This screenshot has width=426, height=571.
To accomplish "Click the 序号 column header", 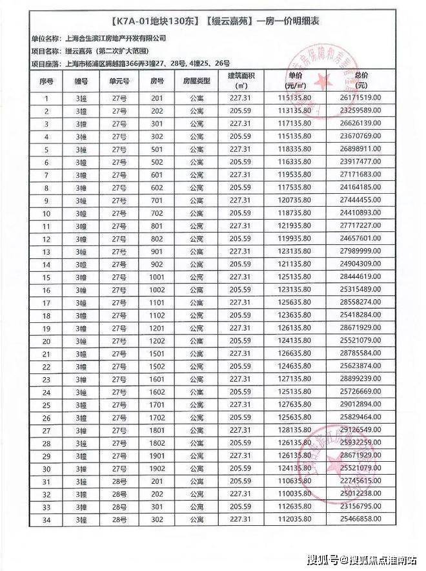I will (46, 82).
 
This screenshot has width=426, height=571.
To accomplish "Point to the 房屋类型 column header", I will (197, 82).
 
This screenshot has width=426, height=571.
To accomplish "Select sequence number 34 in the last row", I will (46, 520).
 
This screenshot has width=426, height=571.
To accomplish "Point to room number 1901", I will (157, 456).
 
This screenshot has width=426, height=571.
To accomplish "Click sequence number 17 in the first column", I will (46, 303).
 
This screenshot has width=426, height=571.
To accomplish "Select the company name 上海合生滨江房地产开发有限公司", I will (111, 39).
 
